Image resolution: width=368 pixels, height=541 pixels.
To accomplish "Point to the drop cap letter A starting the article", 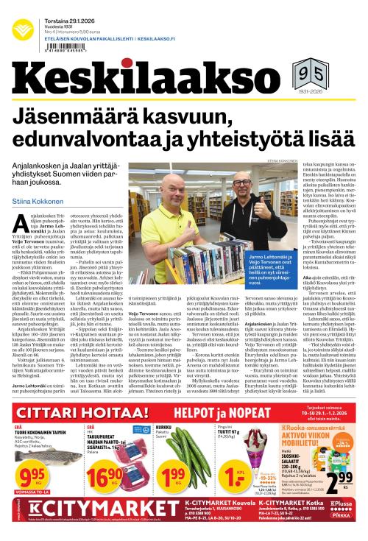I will coord(22,206).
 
